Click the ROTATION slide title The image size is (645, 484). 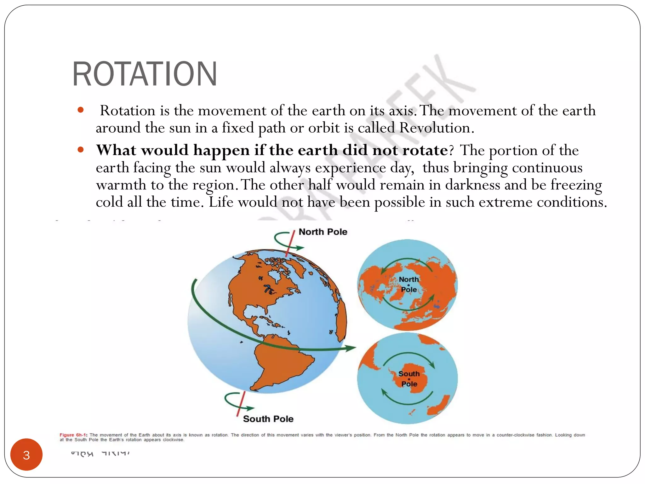pos(145,74)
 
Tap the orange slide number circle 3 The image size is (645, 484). pos(26,455)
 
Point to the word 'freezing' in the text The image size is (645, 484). pos(576,185)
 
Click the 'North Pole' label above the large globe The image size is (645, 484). pos(323,232)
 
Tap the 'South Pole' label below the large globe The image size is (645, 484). pos(268,419)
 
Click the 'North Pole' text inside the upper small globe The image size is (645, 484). pos(409,284)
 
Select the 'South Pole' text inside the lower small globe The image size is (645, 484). pos(409,379)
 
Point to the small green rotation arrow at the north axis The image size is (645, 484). pos(285,241)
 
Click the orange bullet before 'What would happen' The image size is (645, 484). pos(81,150)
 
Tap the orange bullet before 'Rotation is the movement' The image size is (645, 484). pos(81,110)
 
